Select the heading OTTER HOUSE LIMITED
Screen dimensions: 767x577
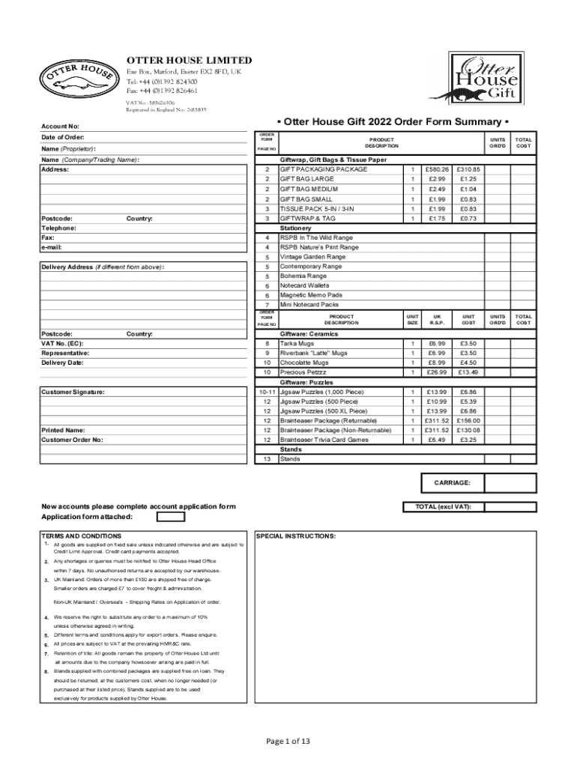(x=189, y=60)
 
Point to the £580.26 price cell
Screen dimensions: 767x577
(x=436, y=169)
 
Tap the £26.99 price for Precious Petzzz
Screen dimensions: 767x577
(x=436, y=372)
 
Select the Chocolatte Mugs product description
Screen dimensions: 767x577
(x=304, y=363)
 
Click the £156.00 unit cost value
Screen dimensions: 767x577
(x=468, y=420)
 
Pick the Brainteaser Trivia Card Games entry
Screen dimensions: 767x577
(x=324, y=440)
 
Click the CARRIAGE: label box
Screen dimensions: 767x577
(x=452, y=483)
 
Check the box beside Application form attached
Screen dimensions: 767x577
(x=171, y=517)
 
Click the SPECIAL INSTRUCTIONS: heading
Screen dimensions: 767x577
(x=296, y=536)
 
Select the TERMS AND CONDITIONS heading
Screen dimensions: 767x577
(x=82, y=536)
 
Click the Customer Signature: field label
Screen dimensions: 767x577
(x=73, y=392)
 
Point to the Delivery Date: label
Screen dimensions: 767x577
(x=62, y=363)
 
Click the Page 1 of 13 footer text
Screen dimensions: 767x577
(x=288, y=742)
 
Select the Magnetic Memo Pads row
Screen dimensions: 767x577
(x=310, y=295)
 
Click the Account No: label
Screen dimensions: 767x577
(x=60, y=127)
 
